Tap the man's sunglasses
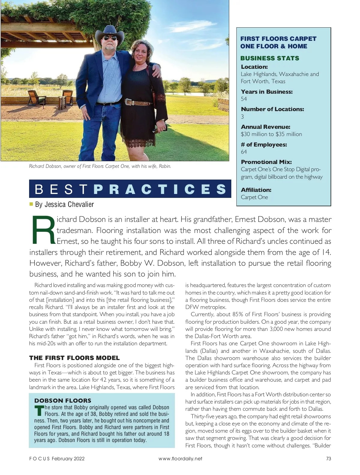click(x=110, y=38)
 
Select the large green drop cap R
click(x=43, y=230)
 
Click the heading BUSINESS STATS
click(x=270, y=58)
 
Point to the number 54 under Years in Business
click(x=244, y=99)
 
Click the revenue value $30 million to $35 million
click(x=271, y=134)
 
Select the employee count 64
click(x=244, y=152)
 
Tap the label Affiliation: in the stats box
click(x=256, y=190)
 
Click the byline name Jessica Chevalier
click(x=69, y=204)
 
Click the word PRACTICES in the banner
click(x=160, y=189)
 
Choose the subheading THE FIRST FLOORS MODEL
click(x=74, y=358)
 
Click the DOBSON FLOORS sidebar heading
click(x=63, y=401)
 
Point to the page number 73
click(x=328, y=458)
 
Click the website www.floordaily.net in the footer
click(x=180, y=458)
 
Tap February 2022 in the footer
click(x=68, y=458)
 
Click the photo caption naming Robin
click(x=100, y=166)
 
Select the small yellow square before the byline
click(x=31, y=204)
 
